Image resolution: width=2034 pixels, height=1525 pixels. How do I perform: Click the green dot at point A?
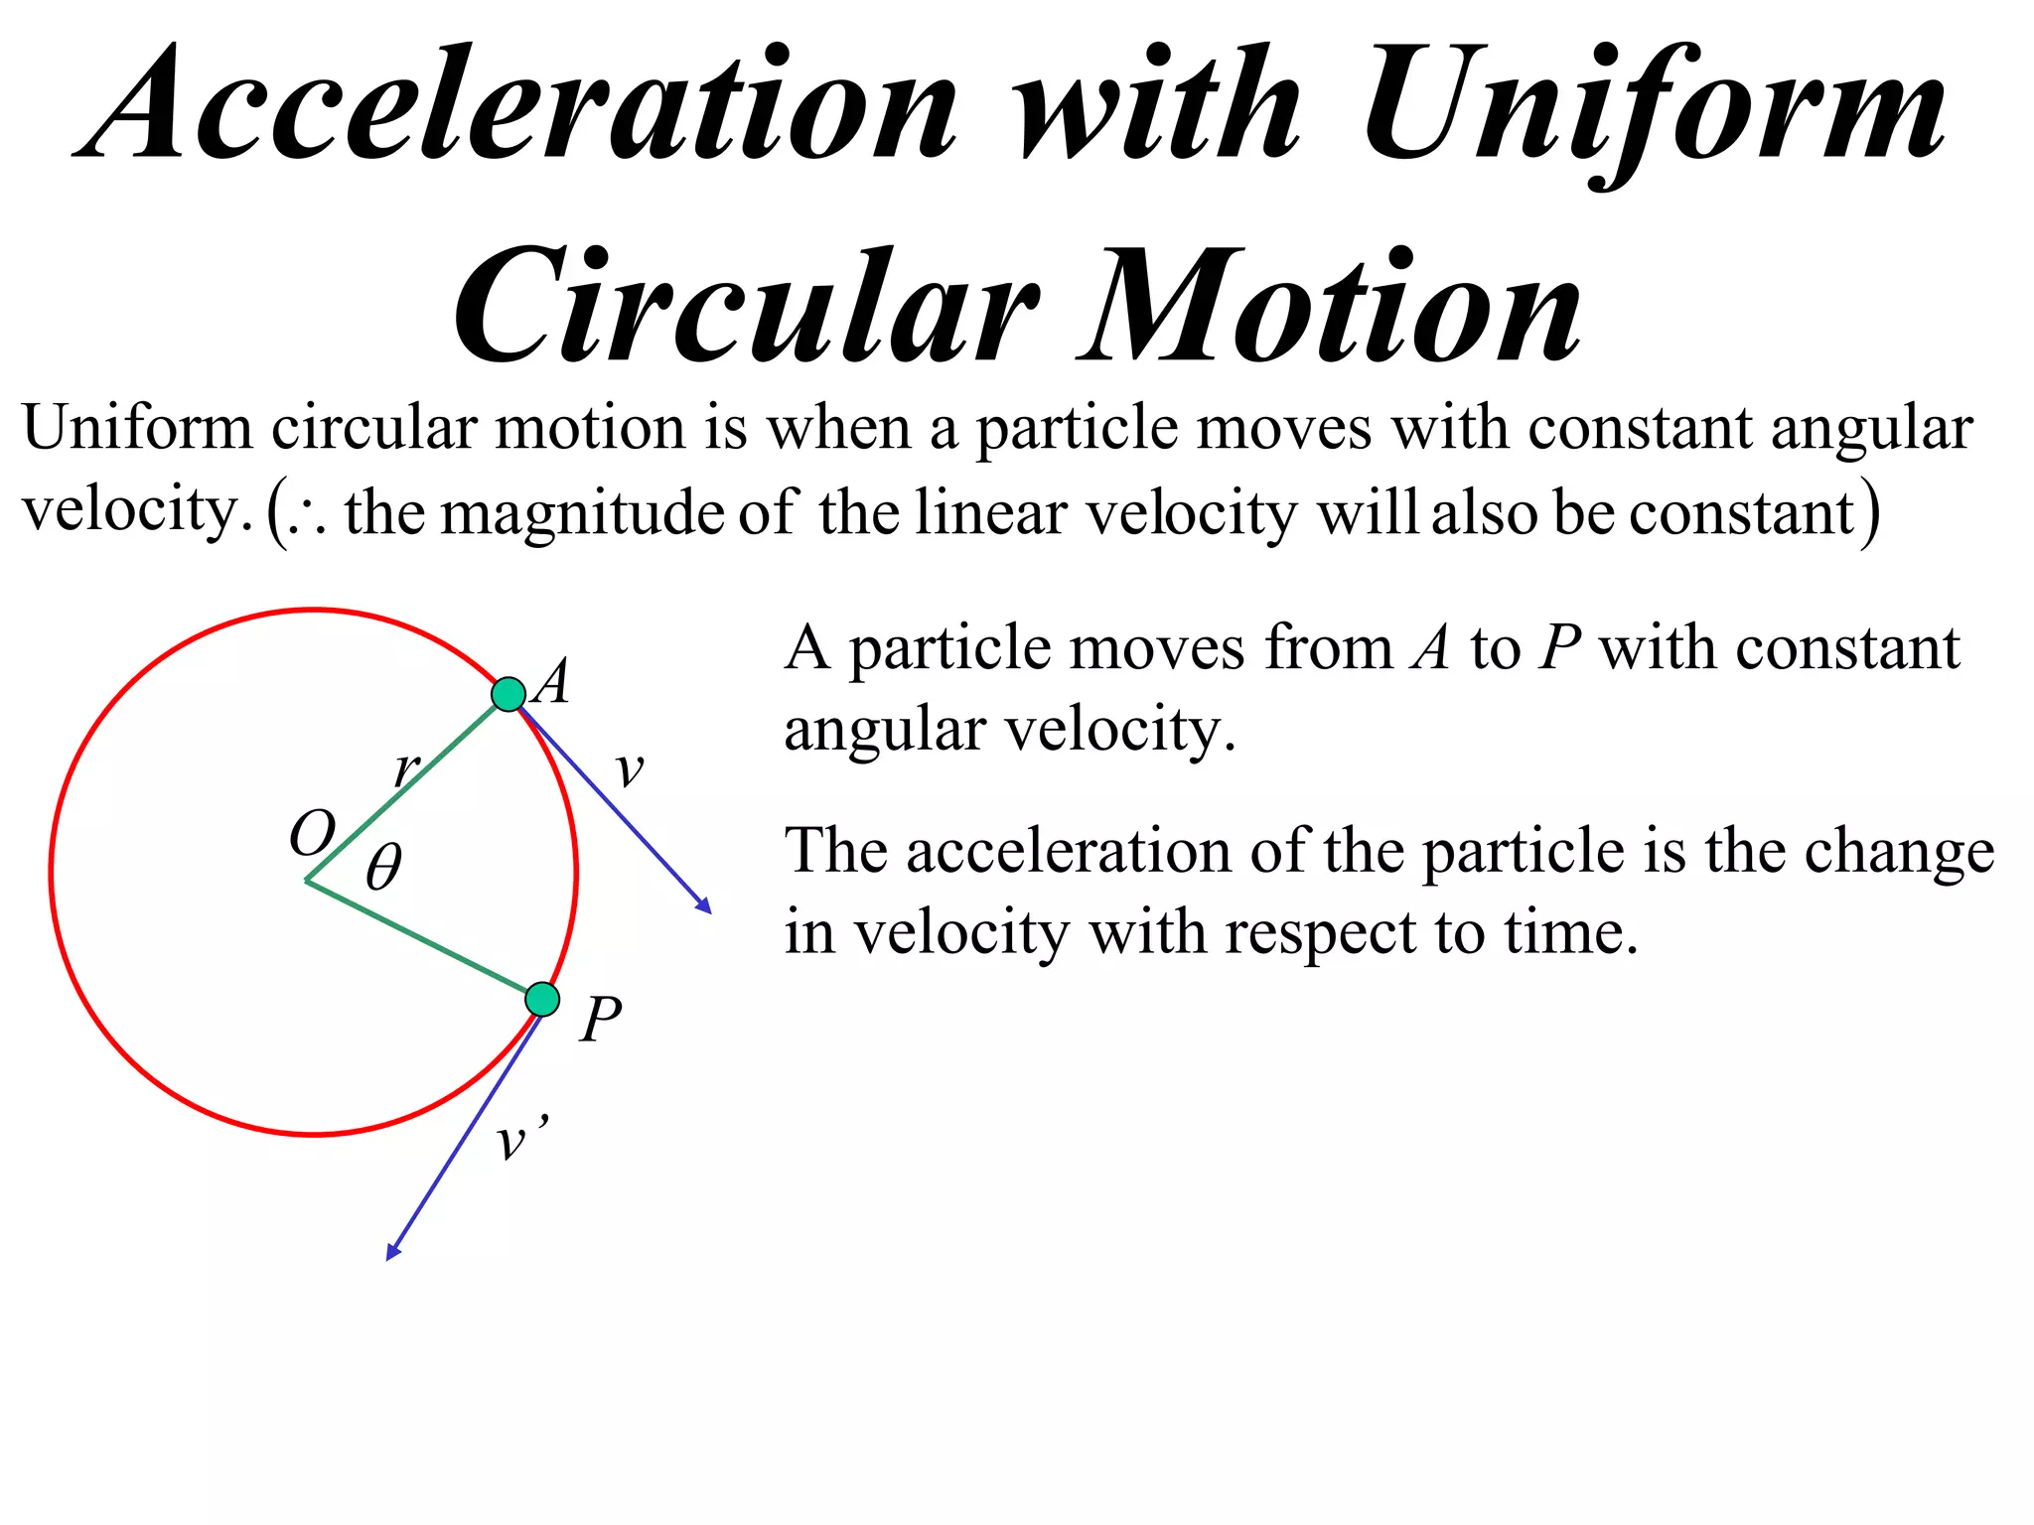click(x=508, y=694)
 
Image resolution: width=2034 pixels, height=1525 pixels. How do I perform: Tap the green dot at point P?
click(x=542, y=999)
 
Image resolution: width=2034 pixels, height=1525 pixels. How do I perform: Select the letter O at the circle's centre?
click(x=312, y=833)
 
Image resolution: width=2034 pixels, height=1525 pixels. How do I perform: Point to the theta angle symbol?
click(x=383, y=868)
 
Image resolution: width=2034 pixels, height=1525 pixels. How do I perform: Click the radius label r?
click(x=406, y=767)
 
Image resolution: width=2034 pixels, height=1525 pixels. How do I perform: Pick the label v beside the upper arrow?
click(x=630, y=769)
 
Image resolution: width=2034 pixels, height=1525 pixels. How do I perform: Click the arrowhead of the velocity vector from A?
click(x=706, y=907)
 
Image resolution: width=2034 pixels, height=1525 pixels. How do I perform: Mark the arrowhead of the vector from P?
click(x=391, y=1253)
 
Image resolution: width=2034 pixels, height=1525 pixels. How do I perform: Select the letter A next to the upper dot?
click(x=552, y=682)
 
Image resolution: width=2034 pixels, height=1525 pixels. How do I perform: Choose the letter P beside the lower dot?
click(x=601, y=1020)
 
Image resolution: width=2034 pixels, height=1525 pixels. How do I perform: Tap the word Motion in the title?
click(x=1331, y=308)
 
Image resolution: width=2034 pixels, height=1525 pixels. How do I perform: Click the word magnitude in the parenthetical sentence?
click(x=583, y=514)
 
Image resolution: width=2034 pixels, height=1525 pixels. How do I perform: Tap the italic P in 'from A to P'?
click(x=1559, y=649)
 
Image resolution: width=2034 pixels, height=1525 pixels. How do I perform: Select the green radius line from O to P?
click(x=422, y=939)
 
